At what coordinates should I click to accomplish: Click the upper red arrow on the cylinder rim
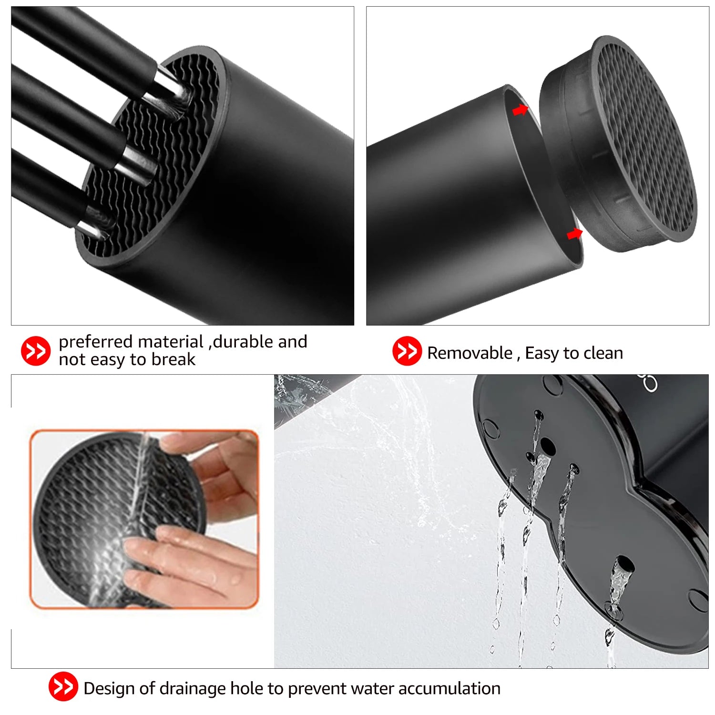click(x=520, y=110)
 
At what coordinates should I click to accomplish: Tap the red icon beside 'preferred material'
click(x=36, y=351)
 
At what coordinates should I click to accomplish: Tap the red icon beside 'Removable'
click(x=407, y=351)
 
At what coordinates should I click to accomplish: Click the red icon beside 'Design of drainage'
click(x=63, y=686)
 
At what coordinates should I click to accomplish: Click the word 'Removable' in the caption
click(x=469, y=353)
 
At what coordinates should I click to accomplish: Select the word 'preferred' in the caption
click(x=95, y=342)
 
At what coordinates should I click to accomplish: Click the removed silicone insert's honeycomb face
click(x=643, y=138)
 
